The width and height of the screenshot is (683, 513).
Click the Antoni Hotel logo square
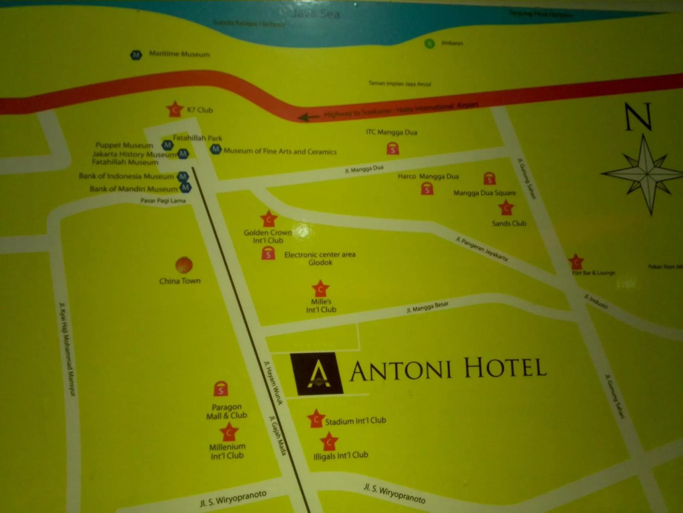[316, 374]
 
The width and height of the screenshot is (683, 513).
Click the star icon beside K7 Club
[175, 109]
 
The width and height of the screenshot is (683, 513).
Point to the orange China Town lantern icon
[184, 265]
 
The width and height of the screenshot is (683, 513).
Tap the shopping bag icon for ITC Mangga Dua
[393, 148]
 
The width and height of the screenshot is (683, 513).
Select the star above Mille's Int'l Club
[320, 289]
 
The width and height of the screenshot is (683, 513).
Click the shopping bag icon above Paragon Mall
[220, 389]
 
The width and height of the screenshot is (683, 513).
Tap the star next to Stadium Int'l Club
[315, 419]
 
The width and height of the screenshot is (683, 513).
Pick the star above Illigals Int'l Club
[329, 442]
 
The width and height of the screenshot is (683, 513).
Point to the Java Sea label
[315, 14]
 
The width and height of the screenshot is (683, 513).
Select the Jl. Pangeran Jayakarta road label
[482, 249]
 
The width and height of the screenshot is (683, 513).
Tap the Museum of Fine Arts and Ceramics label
[280, 151]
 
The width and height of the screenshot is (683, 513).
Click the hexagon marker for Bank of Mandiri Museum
[185, 188]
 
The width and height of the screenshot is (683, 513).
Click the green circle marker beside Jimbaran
[430, 43]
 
